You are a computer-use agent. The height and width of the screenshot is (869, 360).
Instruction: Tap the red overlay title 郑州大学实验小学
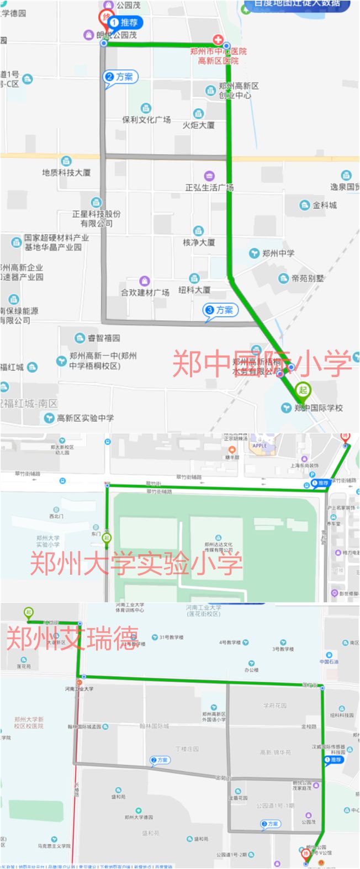pyautogui.click(x=136, y=564)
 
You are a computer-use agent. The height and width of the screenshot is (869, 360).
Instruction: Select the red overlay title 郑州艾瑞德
pyautogui.click(x=71, y=638)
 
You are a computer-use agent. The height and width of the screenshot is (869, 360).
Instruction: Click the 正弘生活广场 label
pyautogui.click(x=209, y=187)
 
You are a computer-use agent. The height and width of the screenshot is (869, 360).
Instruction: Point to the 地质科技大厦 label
pyautogui.click(x=66, y=172)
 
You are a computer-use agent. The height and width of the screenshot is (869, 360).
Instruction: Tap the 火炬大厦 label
pyautogui.click(x=199, y=125)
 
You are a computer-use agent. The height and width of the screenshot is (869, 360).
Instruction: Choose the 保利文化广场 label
pyautogui.click(x=146, y=119)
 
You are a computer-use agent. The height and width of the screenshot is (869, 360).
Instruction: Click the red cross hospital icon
pyautogui.click(x=219, y=40)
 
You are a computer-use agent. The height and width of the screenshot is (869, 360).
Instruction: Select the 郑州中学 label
pyautogui.click(x=278, y=253)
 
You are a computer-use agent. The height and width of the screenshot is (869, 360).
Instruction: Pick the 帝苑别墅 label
pyautogui.click(x=308, y=278)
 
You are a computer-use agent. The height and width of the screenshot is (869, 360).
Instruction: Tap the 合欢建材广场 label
pyautogui.click(x=145, y=292)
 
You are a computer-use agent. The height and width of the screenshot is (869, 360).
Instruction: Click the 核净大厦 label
pyautogui.click(x=199, y=242)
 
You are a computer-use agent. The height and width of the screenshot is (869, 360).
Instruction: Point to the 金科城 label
pyautogui.click(x=325, y=205)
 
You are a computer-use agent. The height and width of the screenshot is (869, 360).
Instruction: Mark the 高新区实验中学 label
pyautogui.click(x=85, y=418)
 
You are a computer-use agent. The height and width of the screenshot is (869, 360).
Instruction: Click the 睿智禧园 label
pyautogui.click(x=103, y=337)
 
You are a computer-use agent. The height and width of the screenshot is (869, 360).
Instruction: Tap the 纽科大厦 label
pyautogui.click(x=194, y=289)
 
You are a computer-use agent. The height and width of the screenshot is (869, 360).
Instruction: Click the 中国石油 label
pyautogui.click(x=329, y=661)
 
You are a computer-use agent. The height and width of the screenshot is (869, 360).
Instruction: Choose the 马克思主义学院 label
pyautogui.click(x=51, y=845)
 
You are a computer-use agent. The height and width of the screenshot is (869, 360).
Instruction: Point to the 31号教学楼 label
pyautogui.click(x=171, y=638)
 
